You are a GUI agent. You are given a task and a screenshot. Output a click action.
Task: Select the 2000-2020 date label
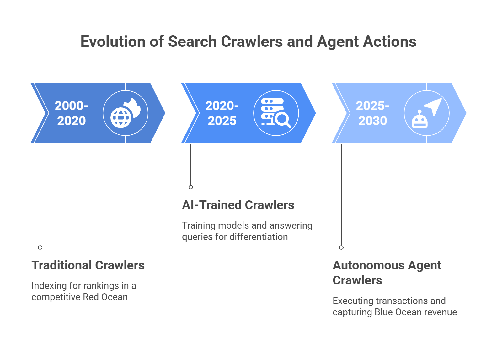tap(71, 113)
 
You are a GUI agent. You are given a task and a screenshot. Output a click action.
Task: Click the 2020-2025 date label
tap(222, 113)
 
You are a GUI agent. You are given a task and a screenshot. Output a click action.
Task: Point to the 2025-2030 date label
tap(372, 113)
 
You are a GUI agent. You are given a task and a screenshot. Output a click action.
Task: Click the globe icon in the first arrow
tap(120, 118)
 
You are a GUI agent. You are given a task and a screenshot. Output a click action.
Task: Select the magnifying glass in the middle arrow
tap(283, 120)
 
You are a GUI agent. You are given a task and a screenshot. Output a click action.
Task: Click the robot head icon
tap(420, 120)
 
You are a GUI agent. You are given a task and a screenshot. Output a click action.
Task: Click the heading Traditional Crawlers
tap(88, 265)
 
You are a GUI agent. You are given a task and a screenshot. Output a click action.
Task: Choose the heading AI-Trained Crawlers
tap(238, 205)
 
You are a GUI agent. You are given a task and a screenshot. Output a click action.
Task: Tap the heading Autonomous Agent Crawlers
tap(387, 273)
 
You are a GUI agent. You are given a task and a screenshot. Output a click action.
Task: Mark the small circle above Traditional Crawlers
tap(40, 247)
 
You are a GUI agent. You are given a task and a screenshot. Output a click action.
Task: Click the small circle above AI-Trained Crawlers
tap(191, 187)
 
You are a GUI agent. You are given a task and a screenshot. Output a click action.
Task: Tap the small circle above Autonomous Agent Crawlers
tap(341, 247)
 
